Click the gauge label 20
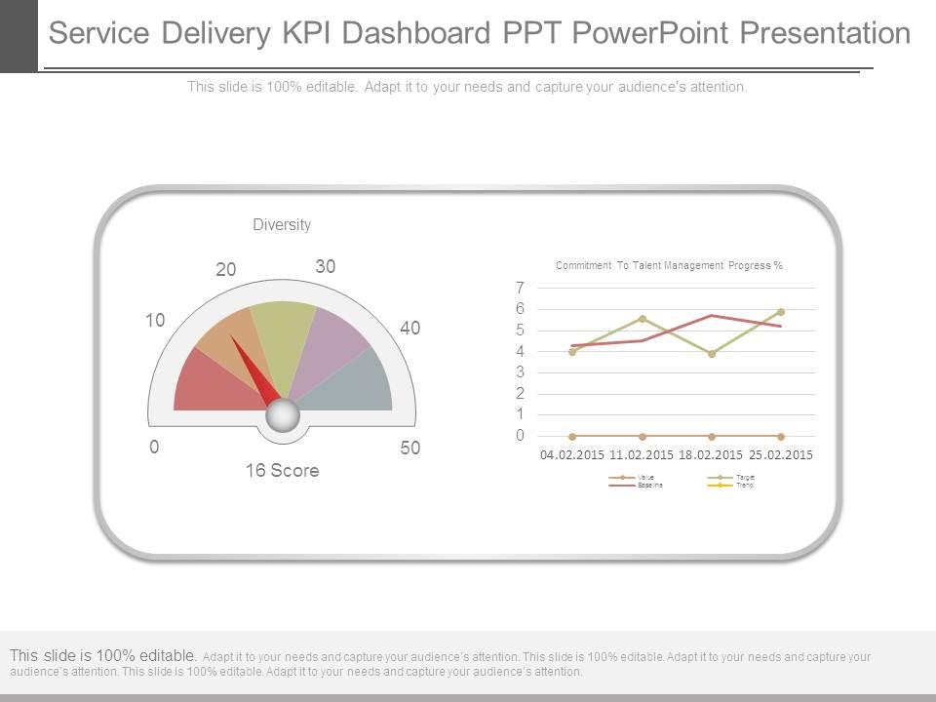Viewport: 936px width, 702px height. pos(226,270)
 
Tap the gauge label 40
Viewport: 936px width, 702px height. pos(409,329)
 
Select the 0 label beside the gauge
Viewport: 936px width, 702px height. pos(154,448)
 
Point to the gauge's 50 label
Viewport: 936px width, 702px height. pos(410,448)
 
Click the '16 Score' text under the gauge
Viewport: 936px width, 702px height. pos(282,471)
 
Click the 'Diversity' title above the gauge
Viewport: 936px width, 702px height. pos(282,225)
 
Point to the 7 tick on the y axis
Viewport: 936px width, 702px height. pos(521,288)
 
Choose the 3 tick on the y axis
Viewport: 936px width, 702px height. pos(521,372)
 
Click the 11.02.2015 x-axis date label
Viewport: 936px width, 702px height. pos(642,455)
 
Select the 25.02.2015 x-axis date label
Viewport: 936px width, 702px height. pos(781,455)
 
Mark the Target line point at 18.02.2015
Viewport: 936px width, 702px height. pos(712,354)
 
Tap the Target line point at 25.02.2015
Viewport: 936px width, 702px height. pos(781,312)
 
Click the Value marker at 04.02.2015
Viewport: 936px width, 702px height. pos(572,437)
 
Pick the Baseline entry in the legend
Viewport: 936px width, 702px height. pos(643,485)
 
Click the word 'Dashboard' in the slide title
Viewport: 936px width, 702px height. pos(387,34)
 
